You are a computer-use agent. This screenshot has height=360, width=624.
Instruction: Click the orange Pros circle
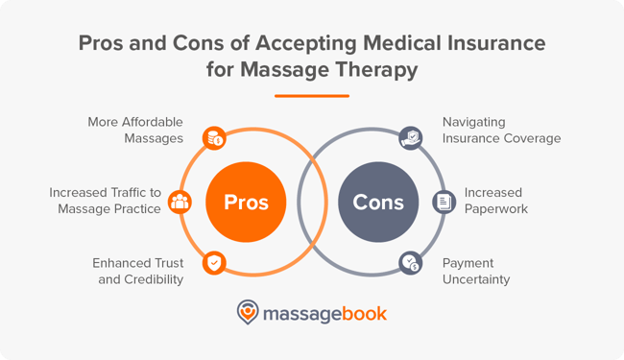(246, 203)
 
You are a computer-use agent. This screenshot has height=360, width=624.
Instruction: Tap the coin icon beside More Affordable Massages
(213, 139)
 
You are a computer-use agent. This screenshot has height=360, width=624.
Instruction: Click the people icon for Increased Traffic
(180, 203)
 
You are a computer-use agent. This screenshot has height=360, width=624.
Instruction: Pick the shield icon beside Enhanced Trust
(213, 262)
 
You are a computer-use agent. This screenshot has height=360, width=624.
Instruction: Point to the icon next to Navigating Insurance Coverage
(410, 137)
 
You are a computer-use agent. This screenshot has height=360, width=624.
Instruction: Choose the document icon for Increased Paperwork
(443, 202)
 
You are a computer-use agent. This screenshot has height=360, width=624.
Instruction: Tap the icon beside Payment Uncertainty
(410, 263)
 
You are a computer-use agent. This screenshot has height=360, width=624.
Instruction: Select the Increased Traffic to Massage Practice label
(106, 201)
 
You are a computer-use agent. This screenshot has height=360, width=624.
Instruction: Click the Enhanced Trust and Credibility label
(137, 271)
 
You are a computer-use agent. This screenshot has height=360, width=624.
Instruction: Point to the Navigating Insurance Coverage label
(501, 130)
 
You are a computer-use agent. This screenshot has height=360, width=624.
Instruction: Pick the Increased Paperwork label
(495, 201)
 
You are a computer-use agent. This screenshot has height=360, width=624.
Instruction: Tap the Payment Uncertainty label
(475, 271)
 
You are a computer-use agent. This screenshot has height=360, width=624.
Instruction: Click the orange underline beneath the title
(312, 95)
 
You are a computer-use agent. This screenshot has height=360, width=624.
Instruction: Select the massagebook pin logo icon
(248, 313)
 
